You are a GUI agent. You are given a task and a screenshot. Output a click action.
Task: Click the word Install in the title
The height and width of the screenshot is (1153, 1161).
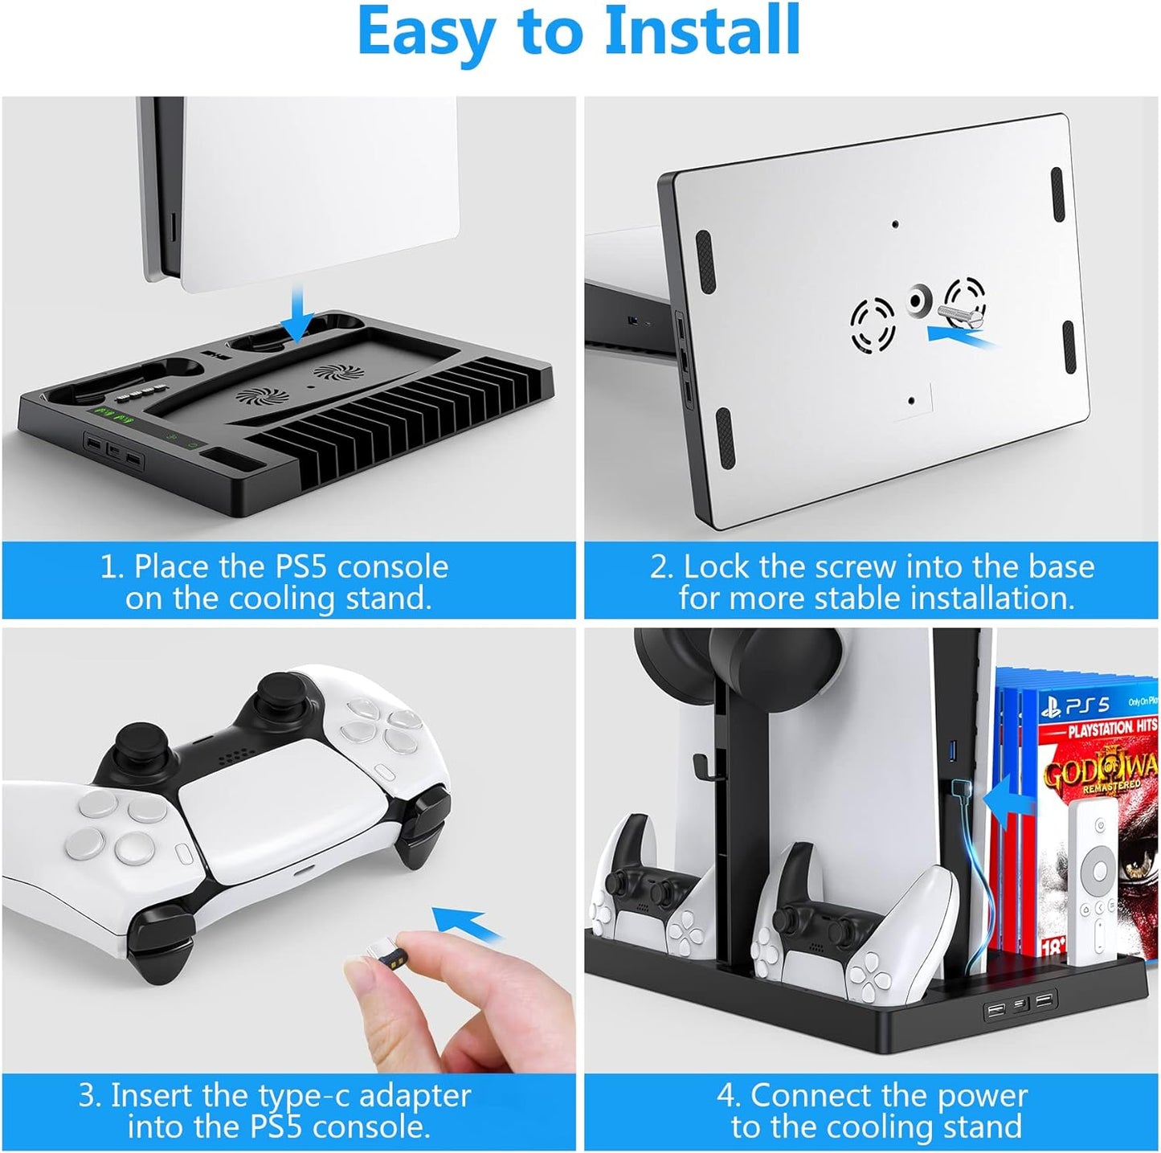(702, 31)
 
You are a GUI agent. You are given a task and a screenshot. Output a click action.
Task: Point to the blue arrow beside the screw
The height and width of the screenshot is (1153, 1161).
(963, 334)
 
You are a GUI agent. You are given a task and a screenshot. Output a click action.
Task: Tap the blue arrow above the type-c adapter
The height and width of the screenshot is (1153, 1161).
(467, 937)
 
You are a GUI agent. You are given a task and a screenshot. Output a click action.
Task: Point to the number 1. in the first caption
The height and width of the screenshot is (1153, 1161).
(111, 566)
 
